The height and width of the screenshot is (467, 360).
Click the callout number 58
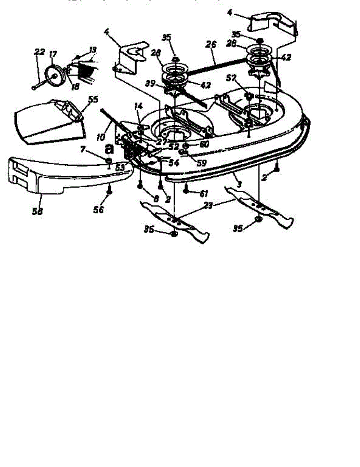pyautogui.click(x=38, y=211)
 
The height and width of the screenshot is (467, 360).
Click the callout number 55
pyautogui.click(x=93, y=100)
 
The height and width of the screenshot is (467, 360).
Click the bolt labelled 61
pyautogui.click(x=186, y=191)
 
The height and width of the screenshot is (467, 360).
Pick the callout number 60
pyautogui.click(x=205, y=144)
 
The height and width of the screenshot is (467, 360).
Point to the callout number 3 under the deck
pyautogui.click(x=239, y=184)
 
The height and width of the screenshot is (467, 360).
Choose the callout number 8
pyautogui.click(x=156, y=198)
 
